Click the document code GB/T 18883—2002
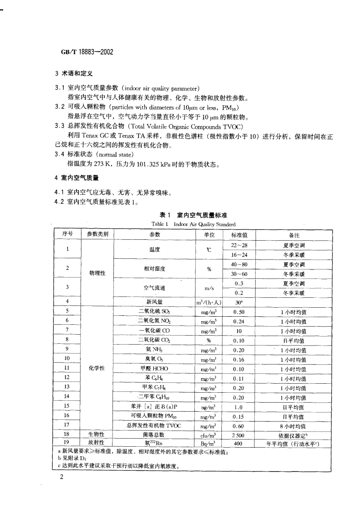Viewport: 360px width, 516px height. click(x=86, y=52)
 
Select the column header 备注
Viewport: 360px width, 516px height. click(x=294, y=235)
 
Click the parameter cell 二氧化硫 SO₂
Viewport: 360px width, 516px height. click(x=155, y=311)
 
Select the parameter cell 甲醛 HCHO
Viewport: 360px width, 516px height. click(x=155, y=368)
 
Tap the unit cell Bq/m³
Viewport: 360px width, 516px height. click(x=209, y=443)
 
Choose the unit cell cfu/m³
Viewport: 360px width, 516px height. click(x=209, y=435)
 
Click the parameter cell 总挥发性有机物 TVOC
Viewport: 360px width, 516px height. click(x=155, y=426)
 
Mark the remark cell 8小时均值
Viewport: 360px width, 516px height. click(x=294, y=426)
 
